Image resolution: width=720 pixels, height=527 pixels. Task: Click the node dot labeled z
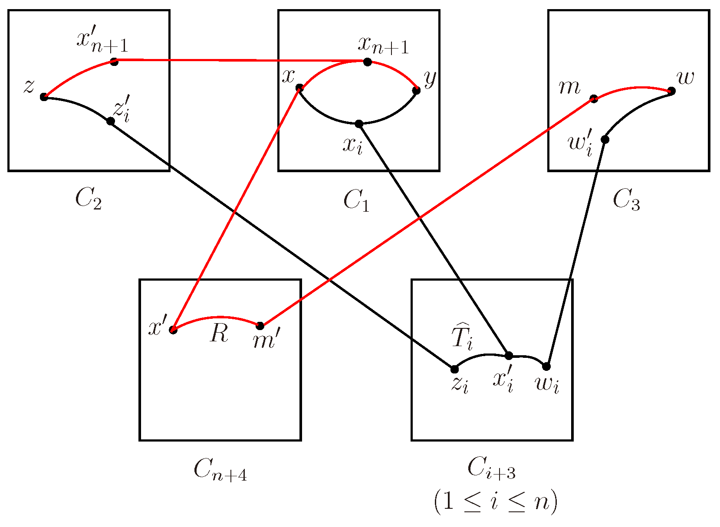[x=44, y=97]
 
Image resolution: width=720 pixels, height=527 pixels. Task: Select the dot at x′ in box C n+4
[x=173, y=330]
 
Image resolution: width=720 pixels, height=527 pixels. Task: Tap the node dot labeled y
[x=416, y=90]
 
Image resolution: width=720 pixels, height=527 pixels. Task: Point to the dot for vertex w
[x=671, y=91]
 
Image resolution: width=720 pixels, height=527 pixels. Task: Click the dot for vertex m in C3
[x=594, y=99]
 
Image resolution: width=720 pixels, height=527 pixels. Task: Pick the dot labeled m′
[x=260, y=326]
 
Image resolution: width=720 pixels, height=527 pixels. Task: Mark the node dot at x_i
[x=359, y=124]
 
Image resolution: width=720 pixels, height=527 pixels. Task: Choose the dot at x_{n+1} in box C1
[x=368, y=62]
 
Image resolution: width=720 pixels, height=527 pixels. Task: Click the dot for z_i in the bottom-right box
[x=454, y=369]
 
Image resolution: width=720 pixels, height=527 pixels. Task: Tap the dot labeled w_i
[x=546, y=367]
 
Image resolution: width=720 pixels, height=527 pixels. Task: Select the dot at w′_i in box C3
[x=605, y=139]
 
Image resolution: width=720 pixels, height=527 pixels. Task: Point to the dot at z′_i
[x=111, y=121]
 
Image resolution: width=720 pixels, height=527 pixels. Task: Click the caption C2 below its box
[x=89, y=200]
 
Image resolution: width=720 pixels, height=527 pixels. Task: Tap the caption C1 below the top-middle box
[x=356, y=200]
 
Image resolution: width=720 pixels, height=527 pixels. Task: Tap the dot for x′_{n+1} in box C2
[x=114, y=62]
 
